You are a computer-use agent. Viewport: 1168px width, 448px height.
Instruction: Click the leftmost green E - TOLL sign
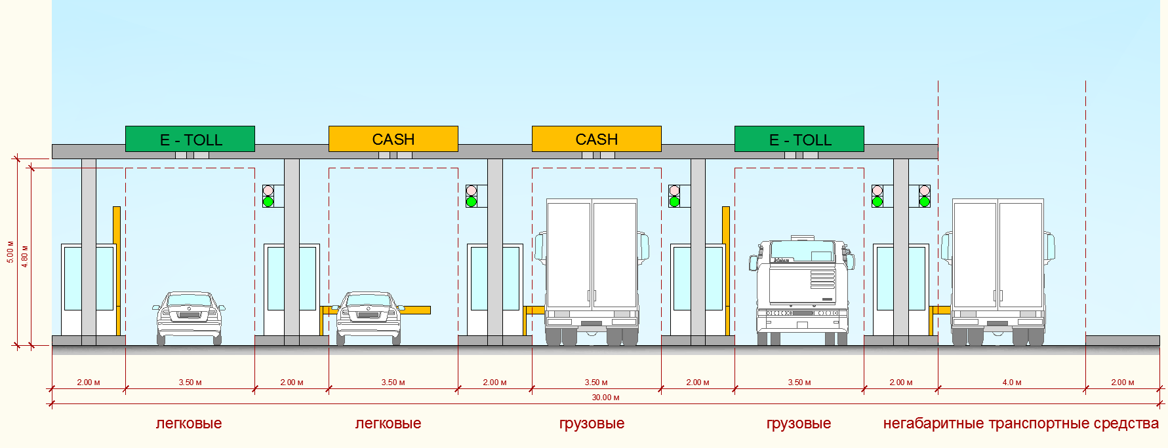190,139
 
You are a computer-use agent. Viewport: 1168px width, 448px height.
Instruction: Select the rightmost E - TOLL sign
799,139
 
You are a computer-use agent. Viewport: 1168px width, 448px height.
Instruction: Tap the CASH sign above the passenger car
393,139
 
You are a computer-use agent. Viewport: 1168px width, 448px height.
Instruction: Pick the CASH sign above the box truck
597,139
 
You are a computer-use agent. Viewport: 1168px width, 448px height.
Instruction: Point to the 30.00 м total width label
605,398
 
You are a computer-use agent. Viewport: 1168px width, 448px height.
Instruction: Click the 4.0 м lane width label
1012,383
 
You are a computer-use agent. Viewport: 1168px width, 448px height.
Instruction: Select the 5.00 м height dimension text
10,252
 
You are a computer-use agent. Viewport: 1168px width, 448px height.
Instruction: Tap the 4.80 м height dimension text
25,256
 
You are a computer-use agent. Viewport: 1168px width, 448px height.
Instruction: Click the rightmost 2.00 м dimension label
1122,383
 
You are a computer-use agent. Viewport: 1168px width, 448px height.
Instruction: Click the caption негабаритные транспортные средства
1020,424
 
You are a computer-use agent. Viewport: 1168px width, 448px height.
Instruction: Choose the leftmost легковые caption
189,424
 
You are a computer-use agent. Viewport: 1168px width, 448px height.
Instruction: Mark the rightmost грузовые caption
799,424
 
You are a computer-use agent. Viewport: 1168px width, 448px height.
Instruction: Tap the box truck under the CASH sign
592,272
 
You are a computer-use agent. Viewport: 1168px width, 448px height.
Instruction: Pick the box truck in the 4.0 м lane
997,272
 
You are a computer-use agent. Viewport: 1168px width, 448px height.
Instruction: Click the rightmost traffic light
924,196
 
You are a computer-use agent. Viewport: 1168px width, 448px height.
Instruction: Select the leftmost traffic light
268,196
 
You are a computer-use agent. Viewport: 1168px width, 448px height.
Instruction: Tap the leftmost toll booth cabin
89,289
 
